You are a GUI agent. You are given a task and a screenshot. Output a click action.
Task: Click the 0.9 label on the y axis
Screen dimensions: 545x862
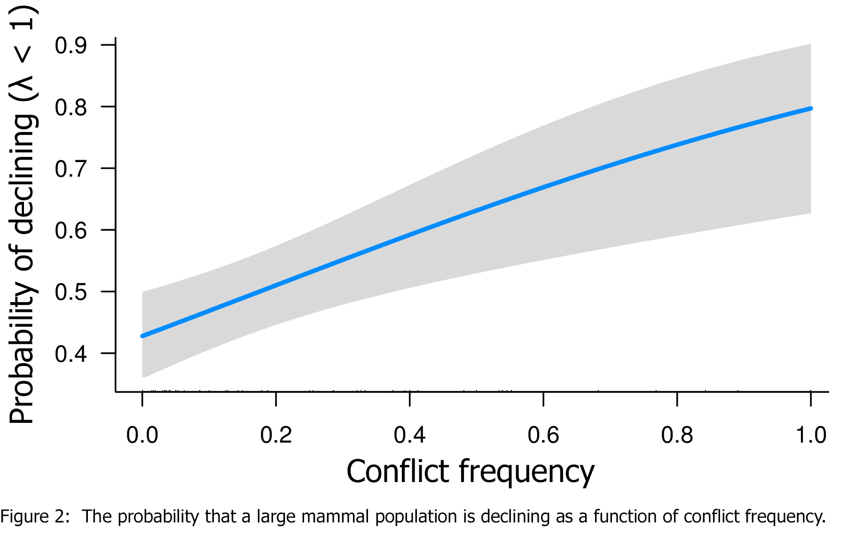coord(71,46)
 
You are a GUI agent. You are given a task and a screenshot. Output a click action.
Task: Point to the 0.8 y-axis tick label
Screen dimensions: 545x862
coord(71,107)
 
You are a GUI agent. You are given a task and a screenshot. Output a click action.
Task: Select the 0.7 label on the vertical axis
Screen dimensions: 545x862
coord(71,169)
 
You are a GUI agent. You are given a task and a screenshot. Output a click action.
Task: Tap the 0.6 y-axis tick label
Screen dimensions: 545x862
coord(71,230)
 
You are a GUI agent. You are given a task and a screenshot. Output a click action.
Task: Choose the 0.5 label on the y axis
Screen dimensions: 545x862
coord(71,292)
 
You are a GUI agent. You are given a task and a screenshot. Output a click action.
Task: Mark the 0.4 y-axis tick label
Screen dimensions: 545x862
coord(71,353)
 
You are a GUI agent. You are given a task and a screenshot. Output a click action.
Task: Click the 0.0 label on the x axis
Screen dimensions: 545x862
coord(142,435)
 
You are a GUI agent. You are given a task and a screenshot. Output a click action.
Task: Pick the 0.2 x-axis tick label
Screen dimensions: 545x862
coord(276,435)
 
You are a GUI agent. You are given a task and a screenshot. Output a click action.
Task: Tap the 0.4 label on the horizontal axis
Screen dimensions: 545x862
coord(409,435)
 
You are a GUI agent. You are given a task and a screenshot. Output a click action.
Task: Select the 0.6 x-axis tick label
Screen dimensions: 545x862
coord(543,435)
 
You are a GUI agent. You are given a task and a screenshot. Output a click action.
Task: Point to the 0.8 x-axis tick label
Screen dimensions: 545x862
coord(677,435)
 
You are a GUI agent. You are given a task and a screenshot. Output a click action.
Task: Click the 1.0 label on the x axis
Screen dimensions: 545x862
coord(811,435)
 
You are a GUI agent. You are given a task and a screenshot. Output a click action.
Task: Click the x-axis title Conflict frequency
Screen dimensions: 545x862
coord(470,472)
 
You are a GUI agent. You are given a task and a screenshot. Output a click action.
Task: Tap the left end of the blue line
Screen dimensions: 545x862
coord(142,336)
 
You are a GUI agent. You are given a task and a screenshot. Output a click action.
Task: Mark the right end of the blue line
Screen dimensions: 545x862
coord(811,109)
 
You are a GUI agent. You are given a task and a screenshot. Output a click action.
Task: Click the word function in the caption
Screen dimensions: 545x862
coord(625,517)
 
